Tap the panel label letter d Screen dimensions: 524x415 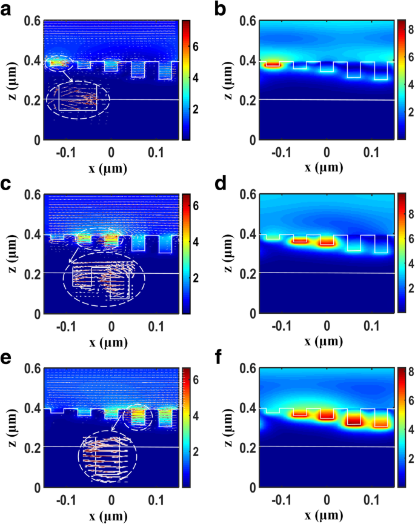coord(221,184)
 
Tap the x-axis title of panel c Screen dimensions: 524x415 coord(110,342)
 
